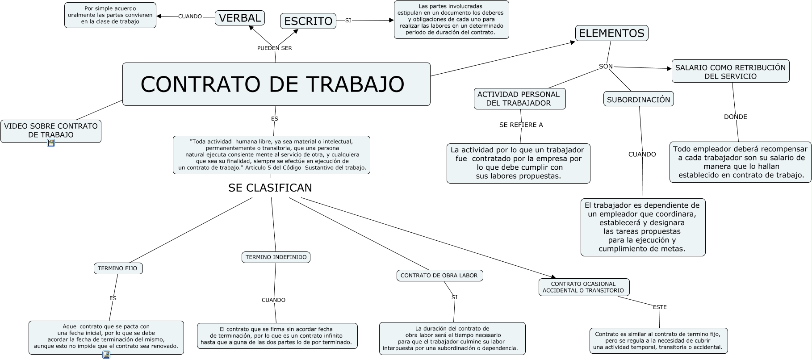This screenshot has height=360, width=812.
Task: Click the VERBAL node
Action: point(240,18)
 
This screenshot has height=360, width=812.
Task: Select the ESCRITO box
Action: point(308,21)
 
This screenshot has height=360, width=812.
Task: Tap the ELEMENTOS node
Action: point(611,33)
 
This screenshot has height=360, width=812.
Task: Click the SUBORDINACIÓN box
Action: point(638,100)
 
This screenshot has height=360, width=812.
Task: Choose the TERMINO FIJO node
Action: point(118,268)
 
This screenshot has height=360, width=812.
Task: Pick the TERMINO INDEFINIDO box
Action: point(276,257)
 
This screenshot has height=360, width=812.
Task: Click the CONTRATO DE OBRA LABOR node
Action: point(439,276)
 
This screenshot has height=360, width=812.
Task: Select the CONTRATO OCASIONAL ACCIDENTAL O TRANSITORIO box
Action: point(583,287)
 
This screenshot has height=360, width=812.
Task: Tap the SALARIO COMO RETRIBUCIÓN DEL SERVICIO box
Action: point(730,71)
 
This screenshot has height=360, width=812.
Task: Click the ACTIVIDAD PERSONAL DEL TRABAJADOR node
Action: point(519,99)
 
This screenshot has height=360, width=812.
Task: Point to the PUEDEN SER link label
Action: point(275,48)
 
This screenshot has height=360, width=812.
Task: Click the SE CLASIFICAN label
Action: point(270,188)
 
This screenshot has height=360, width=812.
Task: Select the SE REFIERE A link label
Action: point(521,125)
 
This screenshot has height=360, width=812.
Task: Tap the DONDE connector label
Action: point(735,117)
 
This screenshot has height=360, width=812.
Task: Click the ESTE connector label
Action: point(660,307)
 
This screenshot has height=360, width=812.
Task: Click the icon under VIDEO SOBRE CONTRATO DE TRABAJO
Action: point(51,143)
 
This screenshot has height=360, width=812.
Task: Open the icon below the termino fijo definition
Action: point(106,355)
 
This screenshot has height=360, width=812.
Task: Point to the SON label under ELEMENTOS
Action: point(606,67)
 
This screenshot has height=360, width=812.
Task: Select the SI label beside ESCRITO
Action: point(348,21)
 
